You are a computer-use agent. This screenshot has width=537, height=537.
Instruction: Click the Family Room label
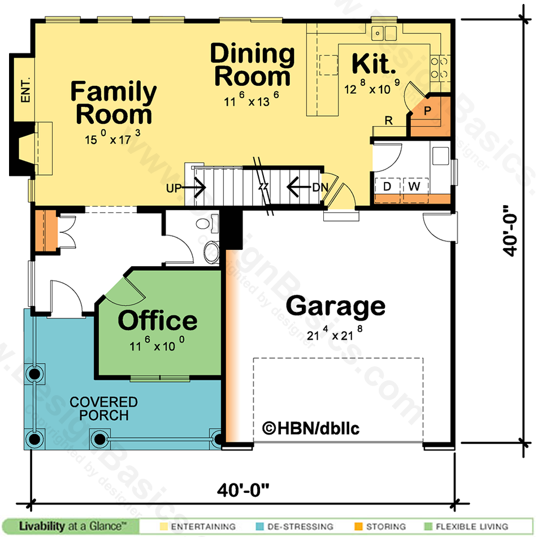pos(114,102)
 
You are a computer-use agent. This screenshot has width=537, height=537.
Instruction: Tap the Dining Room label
pos(253,64)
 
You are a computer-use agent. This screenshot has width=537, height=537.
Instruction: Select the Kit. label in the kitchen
pos(374,64)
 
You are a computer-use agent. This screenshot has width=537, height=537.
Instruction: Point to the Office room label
pos(158,320)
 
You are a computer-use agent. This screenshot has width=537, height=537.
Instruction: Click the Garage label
pos(336,306)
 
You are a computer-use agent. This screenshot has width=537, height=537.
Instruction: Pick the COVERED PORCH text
pos(104,409)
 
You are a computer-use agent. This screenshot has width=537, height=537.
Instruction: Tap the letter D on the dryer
pos(387,187)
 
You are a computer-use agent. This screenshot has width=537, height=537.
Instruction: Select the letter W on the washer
pos(414,187)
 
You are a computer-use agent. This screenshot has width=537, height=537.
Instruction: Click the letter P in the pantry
pos(427,111)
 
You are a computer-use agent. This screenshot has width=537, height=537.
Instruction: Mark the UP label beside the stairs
pos(174,188)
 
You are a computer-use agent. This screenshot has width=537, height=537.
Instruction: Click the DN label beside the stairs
pos(320,187)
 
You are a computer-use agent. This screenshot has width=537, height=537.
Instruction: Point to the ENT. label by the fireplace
pos(25,90)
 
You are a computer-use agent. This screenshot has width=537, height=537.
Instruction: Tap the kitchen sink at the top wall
pos(384,33)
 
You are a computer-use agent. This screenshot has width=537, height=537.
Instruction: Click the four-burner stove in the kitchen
pos(440,68)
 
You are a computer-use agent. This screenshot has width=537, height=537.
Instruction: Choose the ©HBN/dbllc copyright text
pos(311,428)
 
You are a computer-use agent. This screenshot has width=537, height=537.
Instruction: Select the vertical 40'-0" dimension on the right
pos(510,231)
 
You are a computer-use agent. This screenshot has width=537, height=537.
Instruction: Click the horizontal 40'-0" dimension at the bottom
pos(243,490)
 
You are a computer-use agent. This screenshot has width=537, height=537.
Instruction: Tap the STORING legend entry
pos(380,526)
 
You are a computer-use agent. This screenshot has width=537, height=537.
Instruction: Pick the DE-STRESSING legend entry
pos(295,526)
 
